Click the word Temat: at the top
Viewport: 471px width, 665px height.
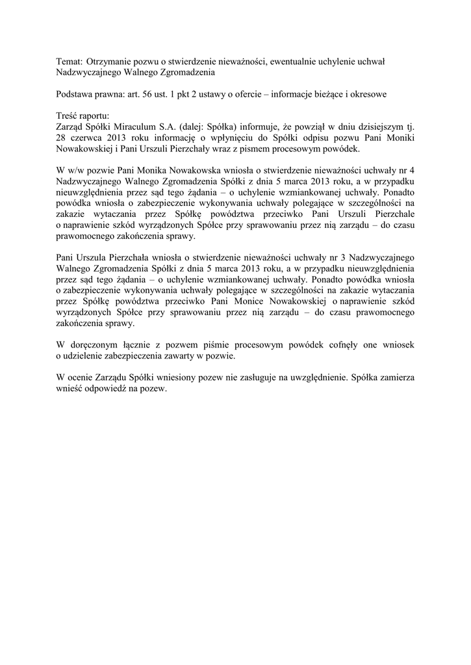pos(69,60)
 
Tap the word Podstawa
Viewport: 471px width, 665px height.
pos(74,94)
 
